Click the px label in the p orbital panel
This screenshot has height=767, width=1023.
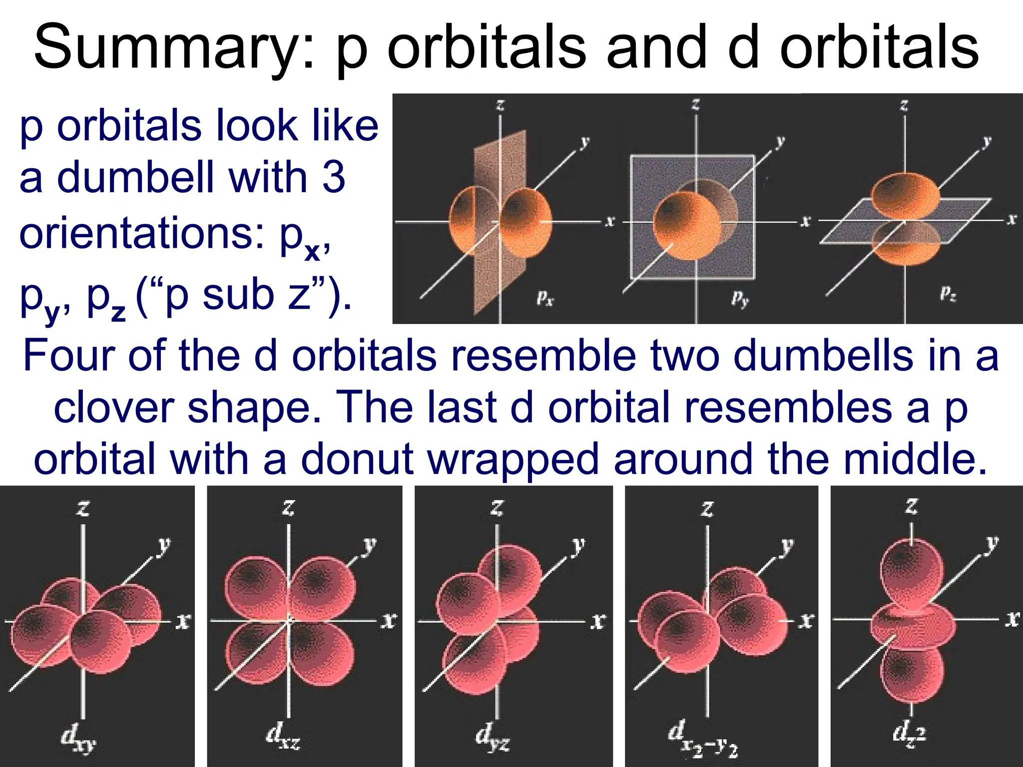(545, 298)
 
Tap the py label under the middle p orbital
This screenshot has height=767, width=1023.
(740, 298)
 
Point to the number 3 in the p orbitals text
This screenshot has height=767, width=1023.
(333, 177)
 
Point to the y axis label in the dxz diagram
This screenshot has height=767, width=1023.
(369, 544)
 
